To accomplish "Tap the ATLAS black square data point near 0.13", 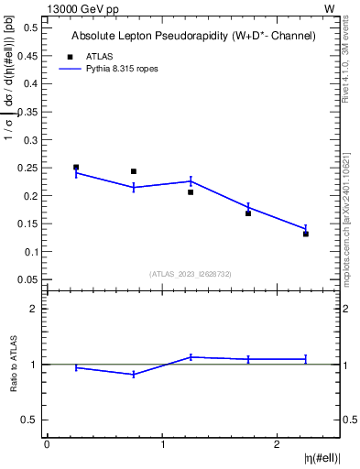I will click(306, 234).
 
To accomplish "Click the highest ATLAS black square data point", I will click(76, 168).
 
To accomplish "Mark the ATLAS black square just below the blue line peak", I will click(191, 192).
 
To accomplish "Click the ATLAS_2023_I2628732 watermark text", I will click(191, 273).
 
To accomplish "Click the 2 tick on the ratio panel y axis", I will click(36, 310).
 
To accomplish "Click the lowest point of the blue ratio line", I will click(134, 375).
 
